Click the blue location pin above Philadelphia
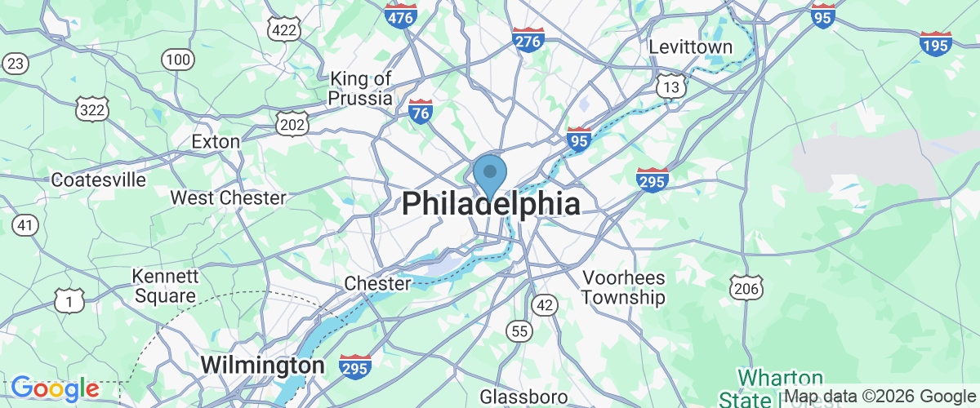(x=490, y=174)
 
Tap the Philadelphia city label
(x=491, y=204)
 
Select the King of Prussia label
(x=360, y=88)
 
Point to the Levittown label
(x=691, y=47)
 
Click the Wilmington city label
(x=263, y=365)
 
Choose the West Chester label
(x=228, y=197)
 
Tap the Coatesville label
(x=99, y=180)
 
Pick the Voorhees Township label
(x=624, y=288)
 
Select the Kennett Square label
(x=164, y=286)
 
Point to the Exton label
(x=216, y=141)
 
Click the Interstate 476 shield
(x=401, y=15)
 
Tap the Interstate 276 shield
(x=528, y=38)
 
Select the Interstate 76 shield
(x=421, y=113)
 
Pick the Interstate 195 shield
(x=935, y=44)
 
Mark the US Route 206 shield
(x=748, y=286)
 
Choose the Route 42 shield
(x=544, y=304)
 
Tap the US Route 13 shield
(x=671, y=86)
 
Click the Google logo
(x=55, y=388)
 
